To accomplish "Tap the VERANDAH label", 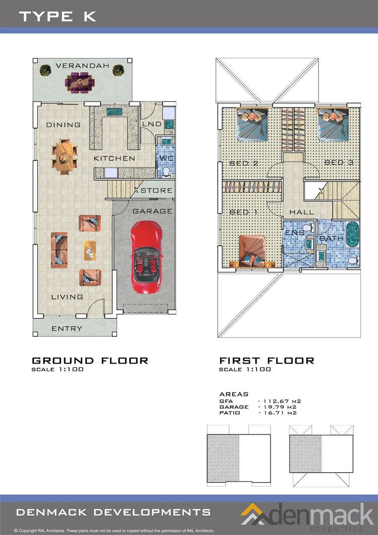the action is point(82,65).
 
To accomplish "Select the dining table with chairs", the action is point(64,157).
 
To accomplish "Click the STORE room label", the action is point(157,190).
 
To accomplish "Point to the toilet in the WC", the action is point(166,172).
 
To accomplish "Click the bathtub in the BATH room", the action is point(352,234).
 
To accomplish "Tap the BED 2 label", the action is point(244,163).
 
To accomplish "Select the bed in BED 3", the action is point(332,124).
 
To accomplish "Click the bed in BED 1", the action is point(252,252).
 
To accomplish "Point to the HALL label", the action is point(302,212).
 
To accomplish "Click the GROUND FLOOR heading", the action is point(90,361).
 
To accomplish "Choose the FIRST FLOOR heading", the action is point(267,361).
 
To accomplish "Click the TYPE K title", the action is point(57,16).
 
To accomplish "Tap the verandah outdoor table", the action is point(80,83).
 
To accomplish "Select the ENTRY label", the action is point(67,328).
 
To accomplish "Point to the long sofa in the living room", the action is point(59,250).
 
